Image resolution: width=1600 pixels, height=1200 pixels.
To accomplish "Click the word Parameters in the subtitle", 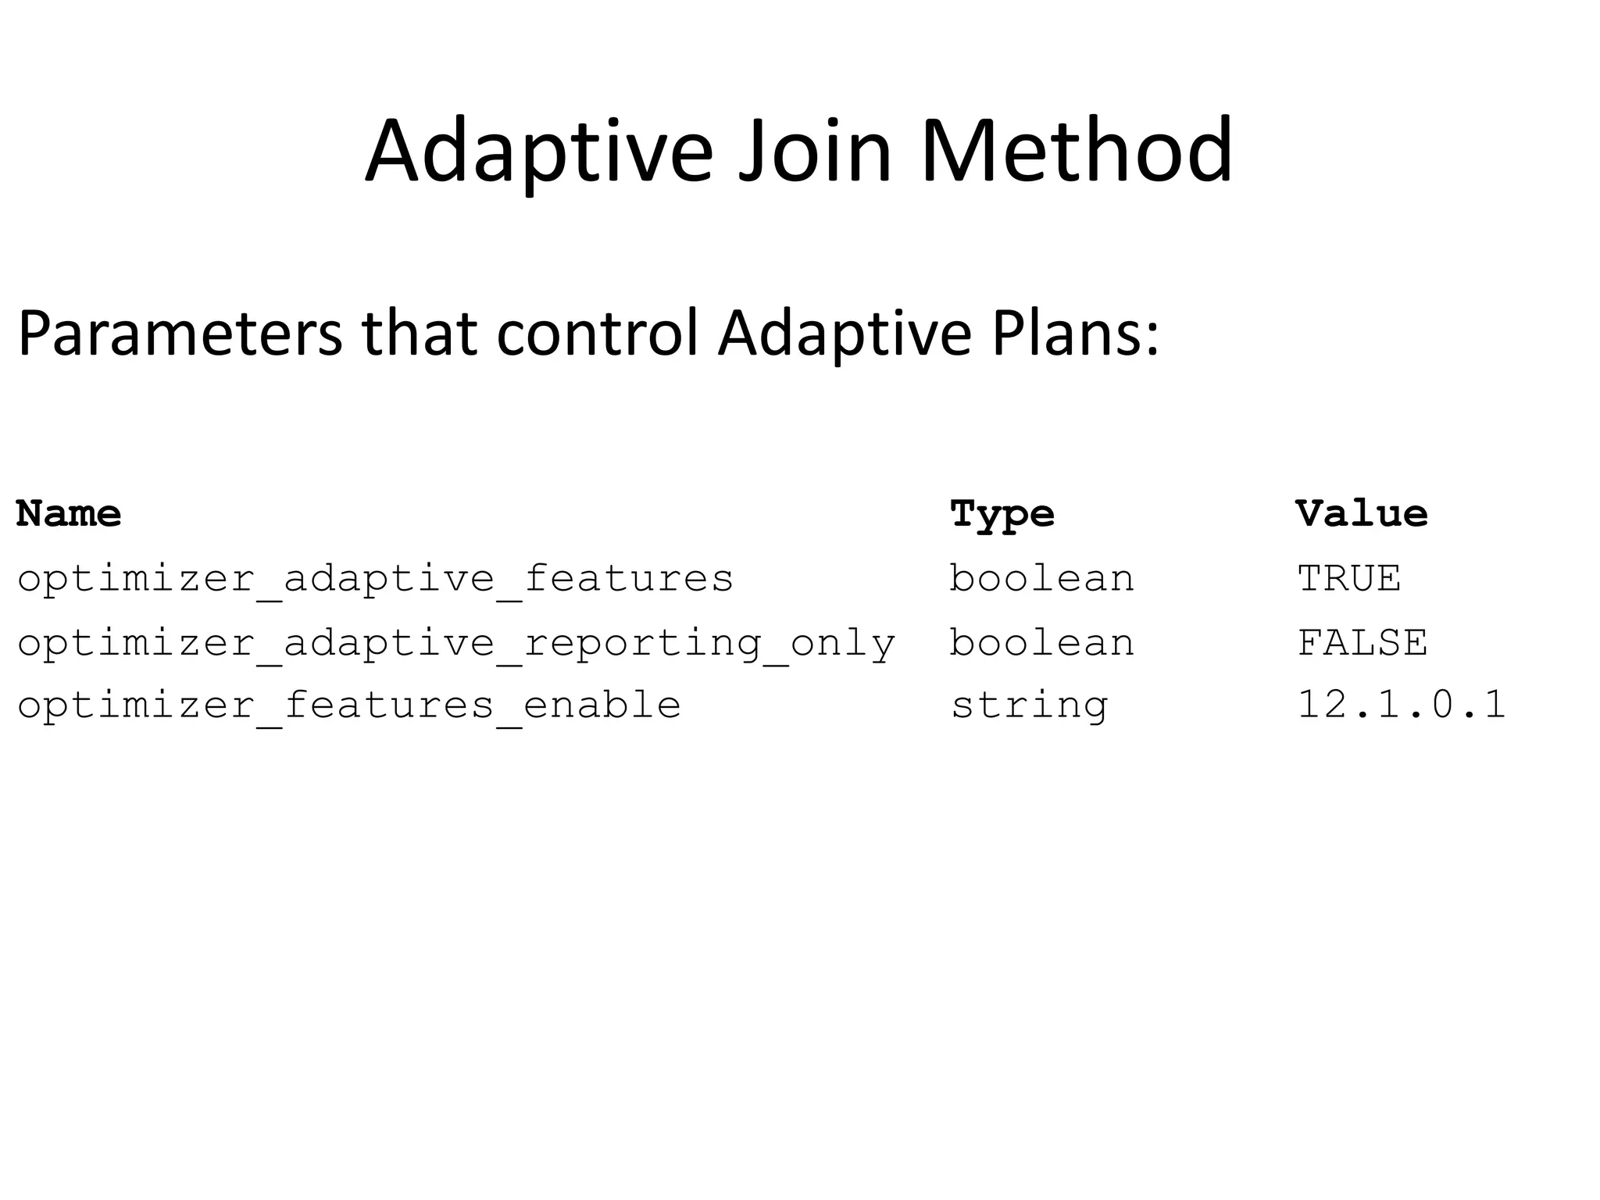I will pos(179,334).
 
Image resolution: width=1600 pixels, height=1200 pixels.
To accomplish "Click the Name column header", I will pos(69,513).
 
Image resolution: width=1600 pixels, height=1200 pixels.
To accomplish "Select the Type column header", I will pos(1002,515).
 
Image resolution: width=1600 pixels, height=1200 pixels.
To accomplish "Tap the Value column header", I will pos(1361,513).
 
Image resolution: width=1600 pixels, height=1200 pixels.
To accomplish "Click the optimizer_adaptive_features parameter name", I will pos(375,579).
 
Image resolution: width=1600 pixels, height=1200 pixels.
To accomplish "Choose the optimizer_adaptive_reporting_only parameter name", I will pos(456,644).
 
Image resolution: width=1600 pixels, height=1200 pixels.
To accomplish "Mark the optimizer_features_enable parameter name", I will pos(348,705).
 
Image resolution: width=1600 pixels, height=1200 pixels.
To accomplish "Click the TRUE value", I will pos(1349,579).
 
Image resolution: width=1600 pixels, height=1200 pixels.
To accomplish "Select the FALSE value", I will pos(1362,643).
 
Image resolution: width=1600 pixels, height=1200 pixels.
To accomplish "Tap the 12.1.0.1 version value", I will pos(1401,705).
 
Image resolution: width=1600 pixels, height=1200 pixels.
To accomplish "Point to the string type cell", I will pos(1029,706).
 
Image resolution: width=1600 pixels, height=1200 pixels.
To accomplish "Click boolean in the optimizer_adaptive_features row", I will pos(1041,579).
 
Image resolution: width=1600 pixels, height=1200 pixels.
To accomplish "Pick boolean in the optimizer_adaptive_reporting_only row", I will pos(1041,643).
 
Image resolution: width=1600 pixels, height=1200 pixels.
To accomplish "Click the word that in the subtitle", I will pos(419,334).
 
